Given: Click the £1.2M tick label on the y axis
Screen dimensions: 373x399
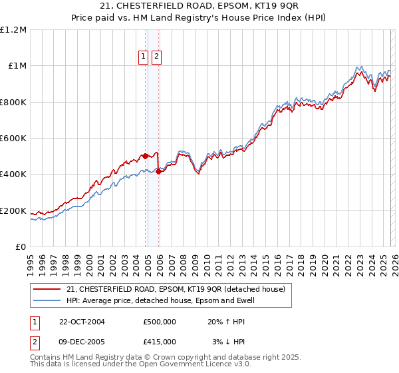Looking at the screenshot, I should (x=13, y=29).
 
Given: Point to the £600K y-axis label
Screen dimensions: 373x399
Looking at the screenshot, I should (x=13, y=139).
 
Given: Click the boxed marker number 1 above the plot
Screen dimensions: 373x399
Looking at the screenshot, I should (x=144, y=57).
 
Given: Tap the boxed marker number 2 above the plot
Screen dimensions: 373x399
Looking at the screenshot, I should (x=156, y=57).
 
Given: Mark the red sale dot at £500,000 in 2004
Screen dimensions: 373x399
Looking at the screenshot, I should (x=145, y=157).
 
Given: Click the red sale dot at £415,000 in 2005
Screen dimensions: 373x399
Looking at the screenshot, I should (x=158, y=172).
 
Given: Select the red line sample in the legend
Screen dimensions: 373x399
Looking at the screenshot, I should (x=47, y=289).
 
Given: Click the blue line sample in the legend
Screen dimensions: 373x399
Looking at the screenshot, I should (x=47, y=300).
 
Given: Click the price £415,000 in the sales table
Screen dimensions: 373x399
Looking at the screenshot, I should (x=160, y=342).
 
